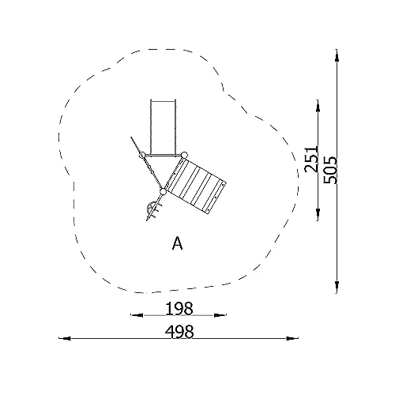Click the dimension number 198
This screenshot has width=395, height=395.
pos(179,308)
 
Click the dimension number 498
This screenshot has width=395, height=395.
pos(179,332)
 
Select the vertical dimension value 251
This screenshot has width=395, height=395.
pos(311,160)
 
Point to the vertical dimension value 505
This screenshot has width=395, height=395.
pos(330,170)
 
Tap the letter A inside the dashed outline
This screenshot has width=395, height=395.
pos(177,243)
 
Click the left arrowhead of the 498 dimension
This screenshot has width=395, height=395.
pos(65,338)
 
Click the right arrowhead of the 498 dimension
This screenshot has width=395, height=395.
pos(292,338)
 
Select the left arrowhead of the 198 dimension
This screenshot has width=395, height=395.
pos(137,315)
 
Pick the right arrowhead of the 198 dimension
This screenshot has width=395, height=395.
pos(220,315)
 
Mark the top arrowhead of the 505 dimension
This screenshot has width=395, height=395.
pos(337,55)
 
